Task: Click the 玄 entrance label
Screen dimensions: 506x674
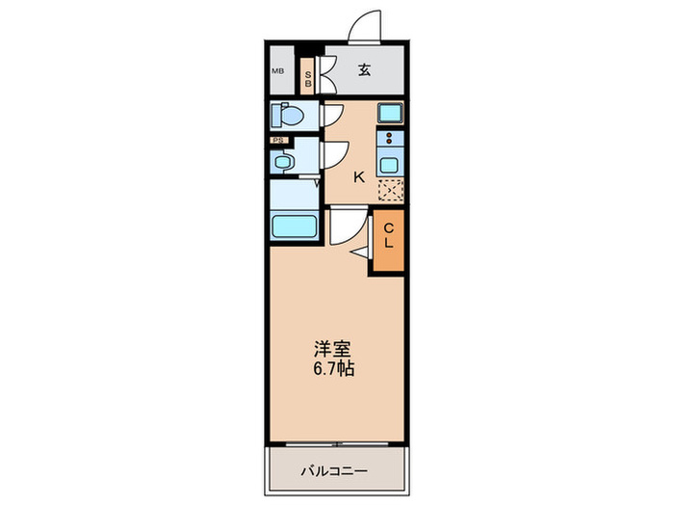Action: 366,69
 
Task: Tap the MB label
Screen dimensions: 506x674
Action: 277,70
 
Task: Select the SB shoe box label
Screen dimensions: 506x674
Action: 308,72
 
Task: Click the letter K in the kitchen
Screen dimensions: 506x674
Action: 358,176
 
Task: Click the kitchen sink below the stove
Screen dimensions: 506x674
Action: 391,164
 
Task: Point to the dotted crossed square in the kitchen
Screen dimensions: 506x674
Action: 391,190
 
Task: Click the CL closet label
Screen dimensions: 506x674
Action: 389,235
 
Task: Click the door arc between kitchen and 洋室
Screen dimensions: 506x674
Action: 346,226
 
